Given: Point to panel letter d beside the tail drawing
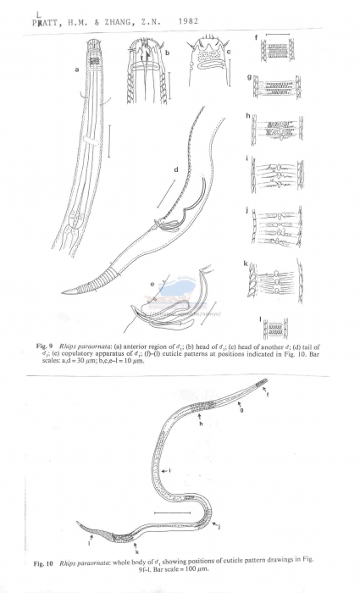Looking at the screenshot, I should click(175, 169).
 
